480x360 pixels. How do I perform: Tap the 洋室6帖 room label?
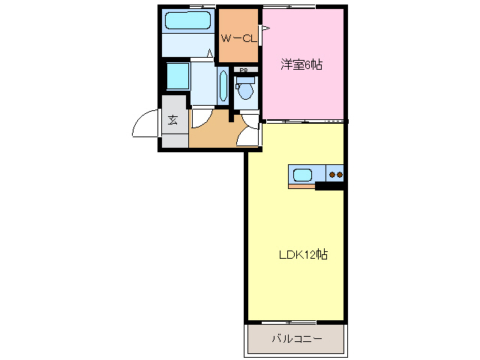coord(301,64)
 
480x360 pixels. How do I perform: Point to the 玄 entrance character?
coord(172,119)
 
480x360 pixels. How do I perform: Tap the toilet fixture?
coord(244,93)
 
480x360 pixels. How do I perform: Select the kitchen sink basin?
coord(303,175)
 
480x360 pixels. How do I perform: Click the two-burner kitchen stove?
coord(336,175)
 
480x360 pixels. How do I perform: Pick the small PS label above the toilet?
coord(244,70)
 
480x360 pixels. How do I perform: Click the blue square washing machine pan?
coord(177,76)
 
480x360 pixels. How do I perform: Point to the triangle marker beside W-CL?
coord(265,30)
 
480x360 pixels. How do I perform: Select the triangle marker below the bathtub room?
coord(211,55)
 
